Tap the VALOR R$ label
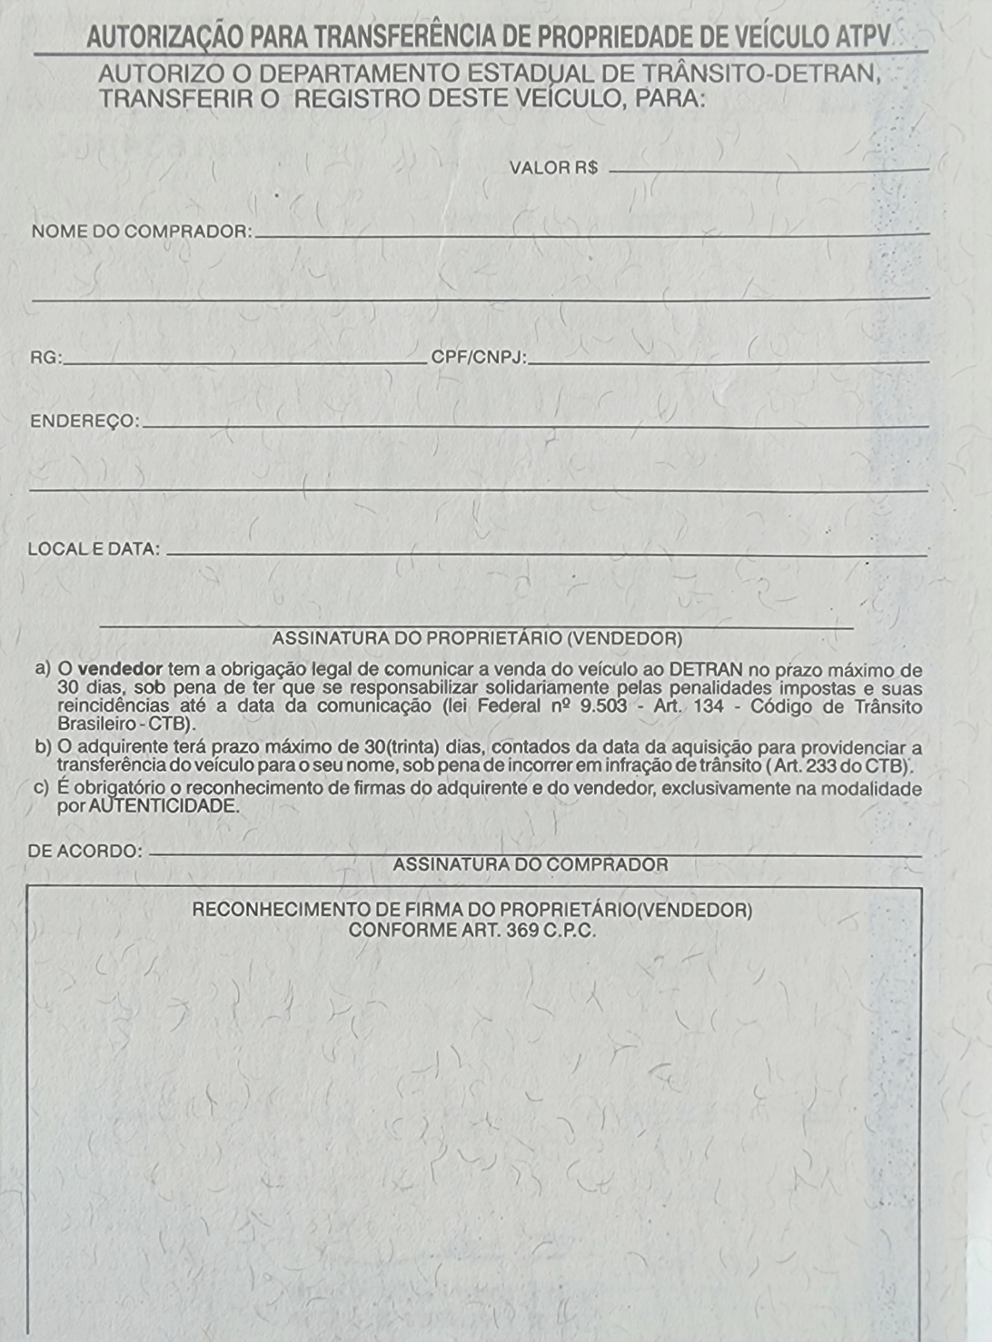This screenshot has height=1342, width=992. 553,168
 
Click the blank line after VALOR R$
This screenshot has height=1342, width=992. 768,170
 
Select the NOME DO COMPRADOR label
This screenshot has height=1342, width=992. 142,232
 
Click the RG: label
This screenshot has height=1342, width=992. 46,358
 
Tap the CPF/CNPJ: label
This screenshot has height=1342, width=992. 479,358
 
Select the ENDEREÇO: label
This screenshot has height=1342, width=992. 84,421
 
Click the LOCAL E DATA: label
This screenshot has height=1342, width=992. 94,549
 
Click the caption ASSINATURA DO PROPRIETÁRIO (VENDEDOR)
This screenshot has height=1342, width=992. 477,638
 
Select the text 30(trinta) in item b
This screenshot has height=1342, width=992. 402,747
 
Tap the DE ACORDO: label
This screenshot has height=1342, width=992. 85,852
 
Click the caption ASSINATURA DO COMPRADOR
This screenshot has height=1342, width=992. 531,865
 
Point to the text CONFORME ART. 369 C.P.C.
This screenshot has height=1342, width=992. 472,931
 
